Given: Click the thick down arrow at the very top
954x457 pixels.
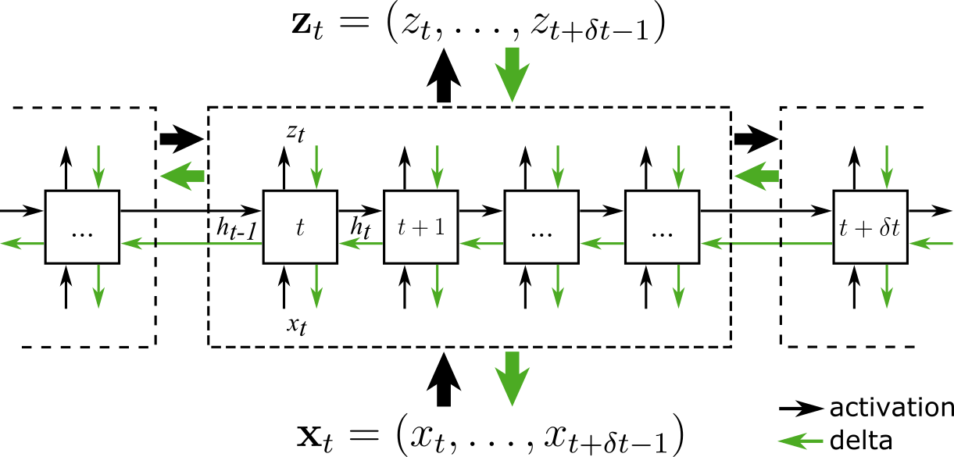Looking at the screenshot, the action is click(x=513, y=74).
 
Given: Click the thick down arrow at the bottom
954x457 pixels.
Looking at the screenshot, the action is click(x=513, y=379).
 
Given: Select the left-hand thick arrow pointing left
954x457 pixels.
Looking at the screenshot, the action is click(x=182, y=176).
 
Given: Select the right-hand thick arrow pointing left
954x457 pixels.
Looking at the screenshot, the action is click(x=756, y=176).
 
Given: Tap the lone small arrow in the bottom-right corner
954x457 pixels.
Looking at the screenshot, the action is click(x=800, y=441).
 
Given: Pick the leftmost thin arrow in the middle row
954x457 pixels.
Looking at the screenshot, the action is click(x=22, y=244).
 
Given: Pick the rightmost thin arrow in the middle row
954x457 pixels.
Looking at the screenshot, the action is click(x=931, y=244).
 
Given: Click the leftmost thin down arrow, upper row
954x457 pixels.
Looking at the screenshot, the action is click(x=98, y=167).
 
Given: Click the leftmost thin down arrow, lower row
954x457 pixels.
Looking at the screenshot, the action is click(x=98, y=287).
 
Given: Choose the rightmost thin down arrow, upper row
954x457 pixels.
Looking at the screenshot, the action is click(x=887, y=167).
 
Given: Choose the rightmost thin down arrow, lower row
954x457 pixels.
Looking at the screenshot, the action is click(x=887, y=287).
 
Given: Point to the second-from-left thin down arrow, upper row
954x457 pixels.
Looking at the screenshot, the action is click(x=316, y=167).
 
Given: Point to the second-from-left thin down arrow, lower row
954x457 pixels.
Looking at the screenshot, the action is click(x=316, y=287).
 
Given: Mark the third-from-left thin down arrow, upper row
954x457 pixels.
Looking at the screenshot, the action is click(x=438, y=167).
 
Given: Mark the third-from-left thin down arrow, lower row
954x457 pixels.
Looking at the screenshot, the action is click(x=438, y=287).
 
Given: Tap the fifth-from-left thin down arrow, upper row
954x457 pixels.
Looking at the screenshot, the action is click(x=678, y=167).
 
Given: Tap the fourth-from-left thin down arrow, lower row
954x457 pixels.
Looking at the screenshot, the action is click(x=558, y=287).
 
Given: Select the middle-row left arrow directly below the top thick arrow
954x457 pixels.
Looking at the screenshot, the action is click(x=481, y=244).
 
